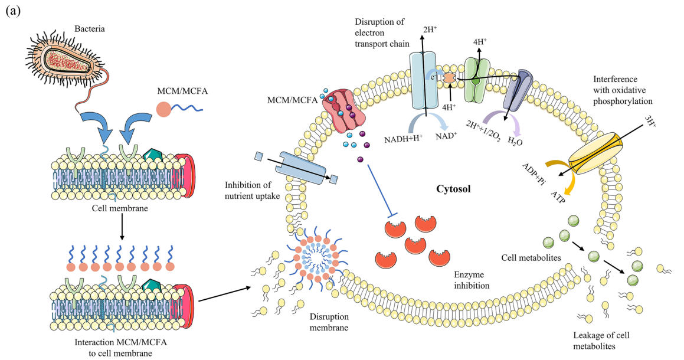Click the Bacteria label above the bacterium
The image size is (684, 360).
point(88,28)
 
